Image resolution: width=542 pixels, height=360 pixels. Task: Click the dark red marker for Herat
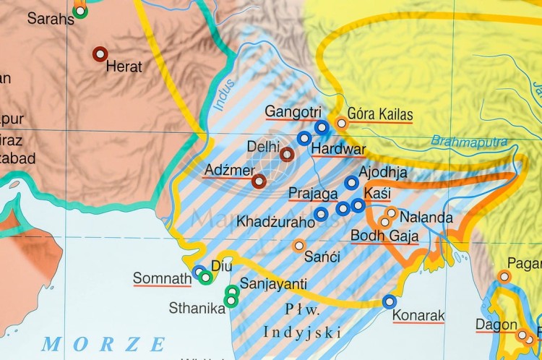tap(100, 53)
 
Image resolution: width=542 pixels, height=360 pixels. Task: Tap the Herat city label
tap(124, 67)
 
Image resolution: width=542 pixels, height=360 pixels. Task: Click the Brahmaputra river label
tap(469, 141)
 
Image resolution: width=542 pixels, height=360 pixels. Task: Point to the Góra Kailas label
tap(380, 114)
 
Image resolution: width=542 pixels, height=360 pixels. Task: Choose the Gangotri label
tap(293, 112)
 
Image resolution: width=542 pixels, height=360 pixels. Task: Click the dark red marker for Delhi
tap(287, 154)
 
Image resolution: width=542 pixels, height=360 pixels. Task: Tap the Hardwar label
tap(338, 150)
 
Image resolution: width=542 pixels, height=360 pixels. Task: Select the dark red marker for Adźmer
tap(259, 181)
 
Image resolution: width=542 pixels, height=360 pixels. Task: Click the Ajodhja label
tap(383, 173)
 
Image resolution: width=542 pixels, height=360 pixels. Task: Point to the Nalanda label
tap(426, 218)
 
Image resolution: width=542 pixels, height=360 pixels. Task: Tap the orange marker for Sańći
tap(298, 246)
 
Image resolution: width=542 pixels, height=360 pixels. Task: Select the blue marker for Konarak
tap(390, 301)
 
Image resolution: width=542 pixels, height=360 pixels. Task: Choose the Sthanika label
tap(197, 308)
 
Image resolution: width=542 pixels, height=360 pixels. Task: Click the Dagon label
tap(496, 325)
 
